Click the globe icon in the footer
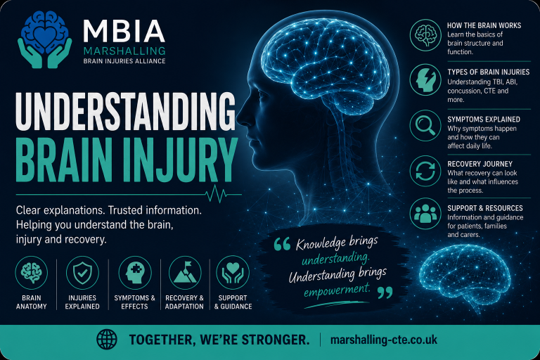pos(107,340)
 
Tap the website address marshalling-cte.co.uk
pos(384,340)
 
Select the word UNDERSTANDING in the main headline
pos(126,111)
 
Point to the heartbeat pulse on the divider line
pos(217,194)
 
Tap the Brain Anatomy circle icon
pos(32,273)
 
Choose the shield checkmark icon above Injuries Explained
pos(82,273)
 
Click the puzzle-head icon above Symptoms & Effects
pos(135,273)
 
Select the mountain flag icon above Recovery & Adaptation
pos(185,273)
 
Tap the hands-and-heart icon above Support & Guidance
pos(233,273)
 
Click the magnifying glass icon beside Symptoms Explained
pos(425,125)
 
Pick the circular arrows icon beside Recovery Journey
pos(425,171)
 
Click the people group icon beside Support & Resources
pos(425,214)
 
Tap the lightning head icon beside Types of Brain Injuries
pos(425,79)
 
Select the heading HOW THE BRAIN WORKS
pos(484,25)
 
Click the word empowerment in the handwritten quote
pos(337,290)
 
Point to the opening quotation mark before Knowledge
pos(283,244)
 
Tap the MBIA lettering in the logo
pos(124,32)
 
